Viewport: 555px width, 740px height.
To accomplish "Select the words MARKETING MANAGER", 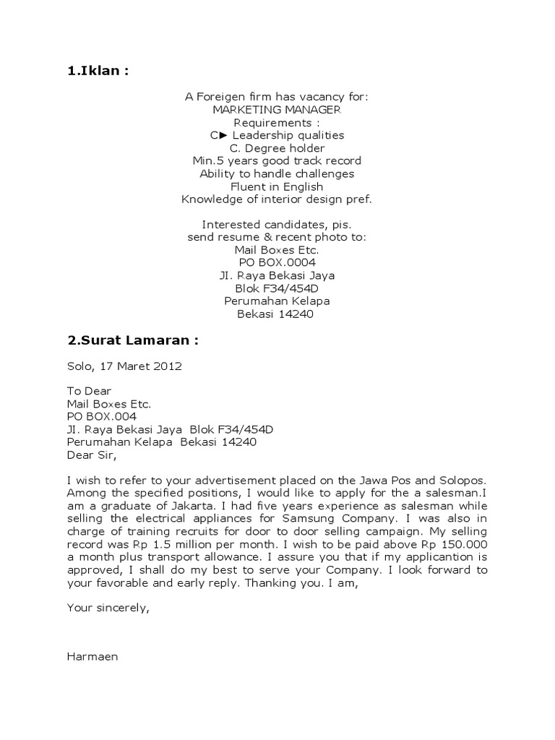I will pyautogui.click(x=277, y=109).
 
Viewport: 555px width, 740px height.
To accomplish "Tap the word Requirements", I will pyautogui.click(x=274, y=122).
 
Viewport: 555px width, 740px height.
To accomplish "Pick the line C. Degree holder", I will pyautogui.click(x=277, y=148).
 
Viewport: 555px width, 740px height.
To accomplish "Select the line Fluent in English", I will pyautogui.click(x=277, y=186).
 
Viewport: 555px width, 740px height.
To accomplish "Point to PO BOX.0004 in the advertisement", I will pyautogui.click(x=277, y=262).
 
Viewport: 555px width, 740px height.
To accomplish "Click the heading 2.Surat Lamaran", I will pyautogui.click(x=132, y=340).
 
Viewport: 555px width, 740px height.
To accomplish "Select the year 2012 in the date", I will pyautogui.click(x=167, y=366).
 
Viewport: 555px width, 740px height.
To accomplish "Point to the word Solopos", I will pyautogui.click(x=461, y=480).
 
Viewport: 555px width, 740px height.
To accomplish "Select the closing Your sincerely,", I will pyautogui.click(x=108, y=608).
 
